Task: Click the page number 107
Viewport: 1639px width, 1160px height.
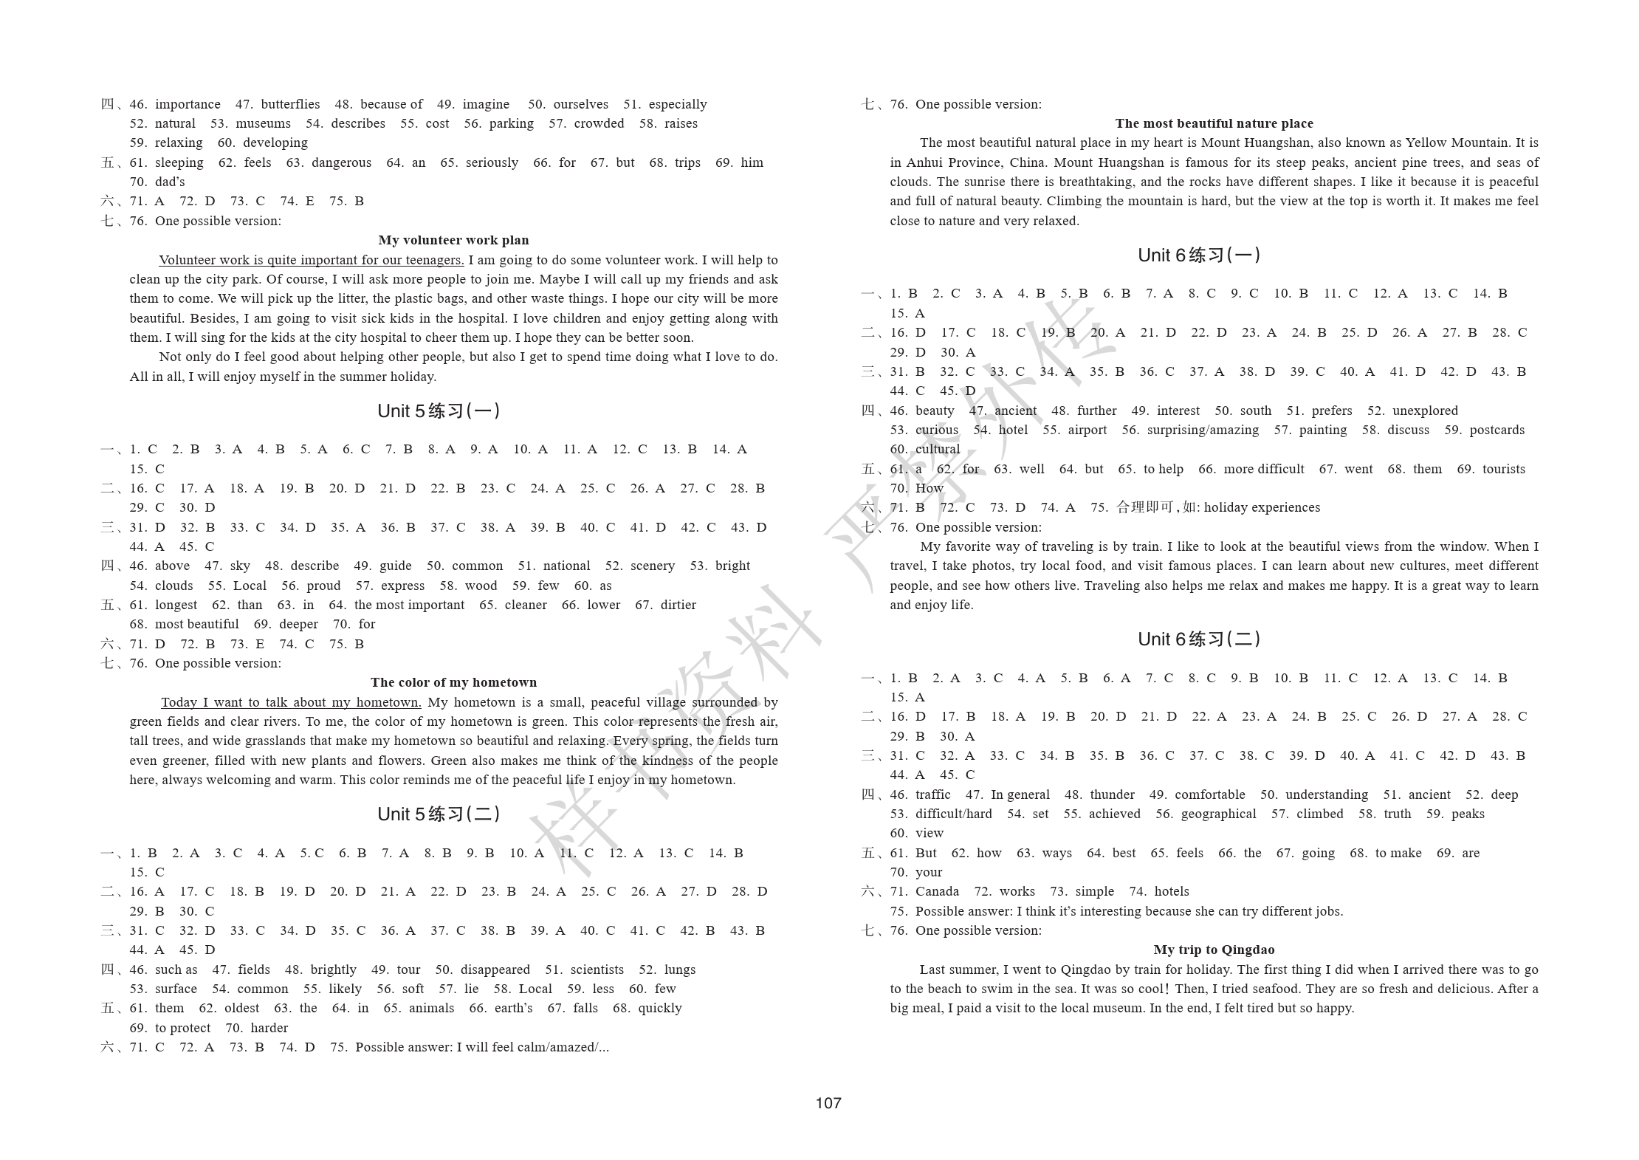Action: [x=828, y=1102]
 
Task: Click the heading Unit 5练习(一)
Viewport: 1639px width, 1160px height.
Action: [x=439, y=411]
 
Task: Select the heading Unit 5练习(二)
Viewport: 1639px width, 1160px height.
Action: [x=439, y=814]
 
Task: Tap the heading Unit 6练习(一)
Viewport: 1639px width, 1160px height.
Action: [x=1199, y=255]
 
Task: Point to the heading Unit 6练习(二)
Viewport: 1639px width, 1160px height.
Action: [x=1199, y=639]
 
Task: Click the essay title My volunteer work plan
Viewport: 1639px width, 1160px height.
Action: [x=453, y=240]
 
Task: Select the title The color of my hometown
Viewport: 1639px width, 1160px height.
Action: [x=453, y=682]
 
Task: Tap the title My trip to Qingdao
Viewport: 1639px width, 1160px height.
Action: [x=1214, y=950]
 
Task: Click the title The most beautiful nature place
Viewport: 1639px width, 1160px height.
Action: [x=1214, y=123]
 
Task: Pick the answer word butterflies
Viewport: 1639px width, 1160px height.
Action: [x=290, y=104]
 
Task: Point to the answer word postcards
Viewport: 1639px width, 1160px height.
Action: [x=1497, y=430]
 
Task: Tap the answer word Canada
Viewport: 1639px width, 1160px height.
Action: [x=937, y=891]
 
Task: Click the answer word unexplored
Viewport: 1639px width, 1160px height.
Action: [x=1425, y=411]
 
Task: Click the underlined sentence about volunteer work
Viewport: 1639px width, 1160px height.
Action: [x=311, y=260]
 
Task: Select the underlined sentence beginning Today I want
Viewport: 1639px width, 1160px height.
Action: [x=291, y=702]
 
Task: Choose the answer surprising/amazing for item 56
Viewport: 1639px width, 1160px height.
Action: [x=1203, y=430]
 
